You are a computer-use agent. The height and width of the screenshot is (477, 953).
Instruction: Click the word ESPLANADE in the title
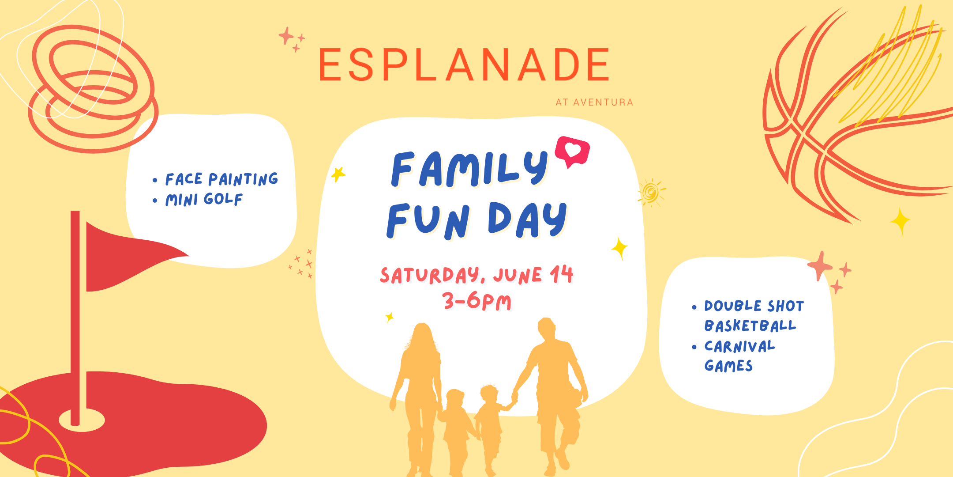pyautogui.click(x=463, y=65)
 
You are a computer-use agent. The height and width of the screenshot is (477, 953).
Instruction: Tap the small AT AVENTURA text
pyautogui.click(x=594, y=102)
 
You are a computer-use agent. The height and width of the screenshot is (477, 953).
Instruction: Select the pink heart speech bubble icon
pyautogui.click(x=572, y=151)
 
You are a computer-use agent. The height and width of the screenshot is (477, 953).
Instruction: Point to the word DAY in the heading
pyautogui.click(x=527, y=220)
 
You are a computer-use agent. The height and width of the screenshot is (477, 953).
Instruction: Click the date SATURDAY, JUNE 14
pyautogui.click(x=476, y=275)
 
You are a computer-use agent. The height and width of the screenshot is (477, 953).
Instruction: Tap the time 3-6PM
pyautogui.click(x=477, y=302)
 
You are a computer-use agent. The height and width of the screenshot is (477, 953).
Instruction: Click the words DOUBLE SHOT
pyautogui.click(x=754, y=306)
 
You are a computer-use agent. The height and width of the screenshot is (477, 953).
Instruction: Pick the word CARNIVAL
pyautogui.click(x=739, y=346)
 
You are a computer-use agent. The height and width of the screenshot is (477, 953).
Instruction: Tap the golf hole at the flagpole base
pyautogui.click(x=82, y=420)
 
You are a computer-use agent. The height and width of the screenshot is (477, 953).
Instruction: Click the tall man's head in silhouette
pyautogui.click(x=547, y=329)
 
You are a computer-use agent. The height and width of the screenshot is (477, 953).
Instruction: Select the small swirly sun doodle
pyautogui.click(x=651, y=192)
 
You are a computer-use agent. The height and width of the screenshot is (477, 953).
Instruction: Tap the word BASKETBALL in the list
pyautogui.click(x=750, y=326)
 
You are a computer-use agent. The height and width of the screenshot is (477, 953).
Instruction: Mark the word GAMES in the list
pyautogui.click(x=728, y=366)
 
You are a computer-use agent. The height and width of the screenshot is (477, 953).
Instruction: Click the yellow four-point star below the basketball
pyautogui.click(x=900, y=221)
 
